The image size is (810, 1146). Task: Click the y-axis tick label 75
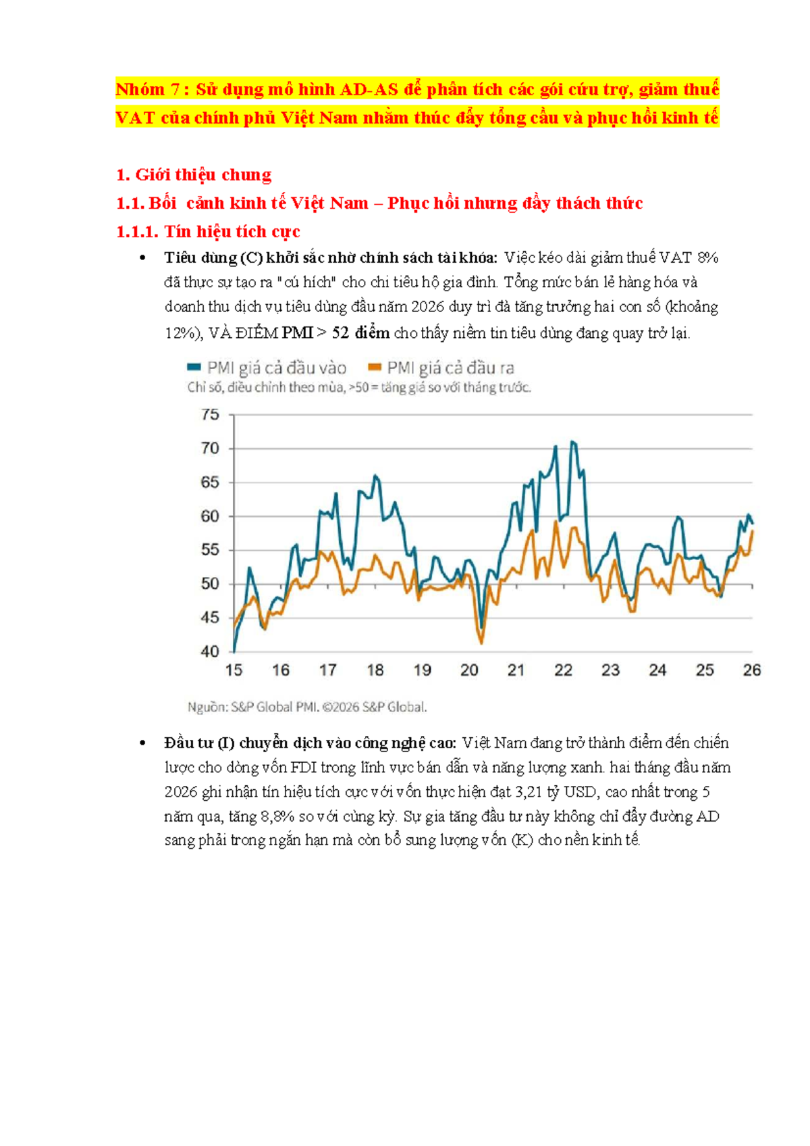click(210, 414)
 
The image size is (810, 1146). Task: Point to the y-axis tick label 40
click(210, 652)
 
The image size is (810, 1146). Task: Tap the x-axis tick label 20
click(469, 670)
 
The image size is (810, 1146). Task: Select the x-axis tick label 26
click(752, 670)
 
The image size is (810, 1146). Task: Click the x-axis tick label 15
click(234, 670)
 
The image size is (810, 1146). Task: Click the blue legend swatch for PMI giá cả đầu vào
click(194, 366)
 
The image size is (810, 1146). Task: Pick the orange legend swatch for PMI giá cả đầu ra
click(375, 366)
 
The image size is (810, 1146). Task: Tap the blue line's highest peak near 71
click(572, 441)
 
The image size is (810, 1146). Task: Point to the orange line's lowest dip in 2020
click(481, 643)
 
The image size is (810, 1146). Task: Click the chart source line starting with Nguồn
click(307, 707)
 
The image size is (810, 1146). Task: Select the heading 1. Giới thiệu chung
click(194, 175)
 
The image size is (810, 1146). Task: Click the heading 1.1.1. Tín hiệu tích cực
click(208, 232)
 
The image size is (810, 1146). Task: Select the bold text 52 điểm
click(361, 333)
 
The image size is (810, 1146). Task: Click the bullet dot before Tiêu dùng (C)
click(142, 258)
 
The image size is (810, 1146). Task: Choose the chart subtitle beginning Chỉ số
click(359, 387)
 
